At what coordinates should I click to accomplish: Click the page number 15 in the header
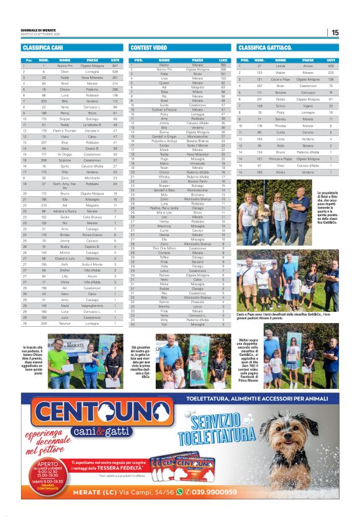335,33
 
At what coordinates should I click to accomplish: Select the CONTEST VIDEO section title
148,47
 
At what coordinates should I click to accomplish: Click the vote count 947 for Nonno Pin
115,65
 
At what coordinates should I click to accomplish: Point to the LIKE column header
223,60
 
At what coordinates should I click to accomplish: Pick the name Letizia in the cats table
281,65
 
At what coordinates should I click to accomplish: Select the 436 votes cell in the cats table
331,65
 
